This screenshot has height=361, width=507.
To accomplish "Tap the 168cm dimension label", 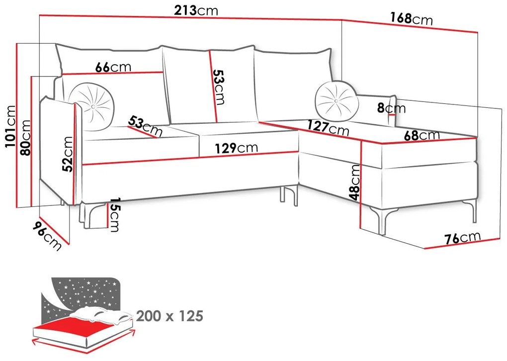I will click(x=411, y=19).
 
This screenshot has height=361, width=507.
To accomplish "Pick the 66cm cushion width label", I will click(x=113, y=67).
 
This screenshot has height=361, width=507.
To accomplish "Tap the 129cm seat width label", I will click(x=236, y=148).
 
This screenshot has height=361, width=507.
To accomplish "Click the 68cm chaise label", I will click(x=422, y=135).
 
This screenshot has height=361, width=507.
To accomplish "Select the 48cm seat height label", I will click(x=355, y=182).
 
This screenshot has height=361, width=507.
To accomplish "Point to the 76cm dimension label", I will click(x=463, y=238).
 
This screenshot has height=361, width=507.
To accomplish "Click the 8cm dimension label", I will click(x=391, y=107).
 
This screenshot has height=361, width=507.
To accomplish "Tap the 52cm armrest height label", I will click(x=68, y=154).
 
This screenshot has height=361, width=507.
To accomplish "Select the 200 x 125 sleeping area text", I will click(x=170, y=316).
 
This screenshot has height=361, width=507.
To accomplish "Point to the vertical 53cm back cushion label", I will click(x=219, y=87).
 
